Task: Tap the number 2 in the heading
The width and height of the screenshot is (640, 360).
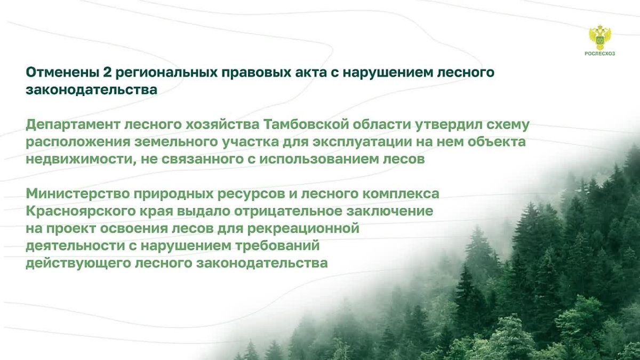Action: coord(105,73)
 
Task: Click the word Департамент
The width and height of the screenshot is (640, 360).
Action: coord(73,125)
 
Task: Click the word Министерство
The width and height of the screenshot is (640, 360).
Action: coord(77,194)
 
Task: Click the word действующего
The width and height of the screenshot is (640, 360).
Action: coord(78,263)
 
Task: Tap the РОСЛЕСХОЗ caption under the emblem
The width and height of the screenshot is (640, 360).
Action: coord(599,54)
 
